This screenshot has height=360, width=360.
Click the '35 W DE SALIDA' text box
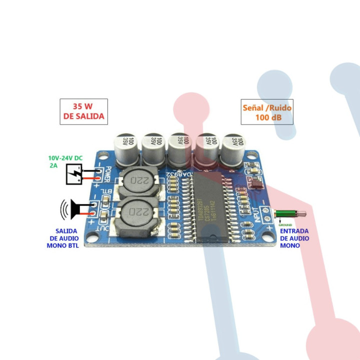(83, 111)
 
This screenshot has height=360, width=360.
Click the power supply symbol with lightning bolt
(74, 174)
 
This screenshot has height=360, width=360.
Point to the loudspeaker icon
(72, 210)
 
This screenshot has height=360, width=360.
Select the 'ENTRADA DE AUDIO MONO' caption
(294, 238)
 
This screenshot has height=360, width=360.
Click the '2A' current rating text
(53, 164)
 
